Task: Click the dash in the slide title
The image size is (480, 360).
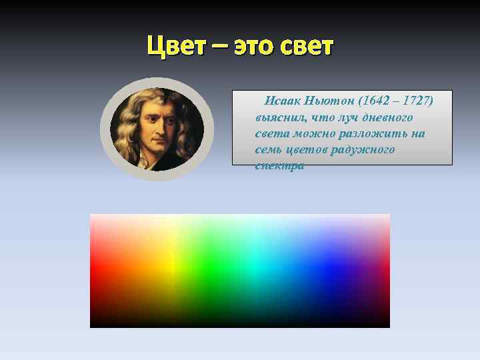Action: (221, 48)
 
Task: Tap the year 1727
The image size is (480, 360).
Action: (418, 101)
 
